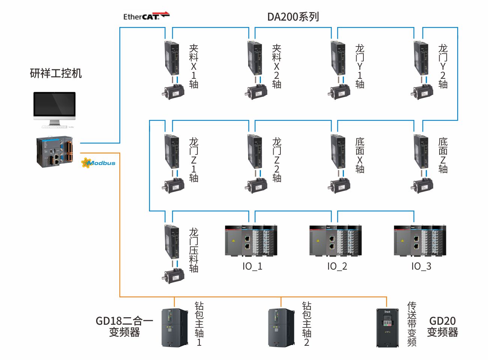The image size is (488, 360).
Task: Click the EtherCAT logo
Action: click(146, 16)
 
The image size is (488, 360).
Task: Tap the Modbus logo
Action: click(98, 163)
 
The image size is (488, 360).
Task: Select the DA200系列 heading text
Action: click(293, 17)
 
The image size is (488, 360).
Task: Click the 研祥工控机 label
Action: click(56, 73)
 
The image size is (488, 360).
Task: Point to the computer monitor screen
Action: click(54, 104)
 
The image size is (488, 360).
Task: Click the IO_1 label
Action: click(252, 266)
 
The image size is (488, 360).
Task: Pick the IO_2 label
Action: click(337, 266)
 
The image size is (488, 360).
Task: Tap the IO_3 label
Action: click(421, 266)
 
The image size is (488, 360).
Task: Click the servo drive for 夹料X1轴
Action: click(172, 58)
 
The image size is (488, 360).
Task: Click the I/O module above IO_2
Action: click(336, 240)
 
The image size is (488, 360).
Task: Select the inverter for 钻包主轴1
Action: click(175, 327)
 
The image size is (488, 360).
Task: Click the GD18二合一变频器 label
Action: click(124, 326)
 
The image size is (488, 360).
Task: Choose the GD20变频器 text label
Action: click(443, 326)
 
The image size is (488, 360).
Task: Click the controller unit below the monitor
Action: click(54, 151)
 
